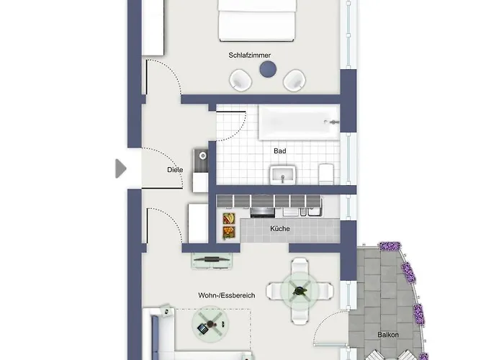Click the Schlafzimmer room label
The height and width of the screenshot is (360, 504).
[249, 55]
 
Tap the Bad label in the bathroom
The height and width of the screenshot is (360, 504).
[279, 150]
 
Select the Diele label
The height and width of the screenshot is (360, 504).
[175, 170]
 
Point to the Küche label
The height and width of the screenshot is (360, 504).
[279, 228]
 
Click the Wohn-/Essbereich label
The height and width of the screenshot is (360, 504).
[227, 295]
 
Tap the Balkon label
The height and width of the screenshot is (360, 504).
[388, 335]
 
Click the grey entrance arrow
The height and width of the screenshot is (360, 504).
[120, 168]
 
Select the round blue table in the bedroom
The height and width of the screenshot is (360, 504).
[268, 69]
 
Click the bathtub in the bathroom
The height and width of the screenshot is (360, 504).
[299, 122]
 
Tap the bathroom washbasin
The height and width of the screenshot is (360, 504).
[283, 175]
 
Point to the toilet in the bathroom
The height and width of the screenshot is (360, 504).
[326, 174]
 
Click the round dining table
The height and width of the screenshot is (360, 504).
[300, 291]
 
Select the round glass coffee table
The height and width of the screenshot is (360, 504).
[210, 324]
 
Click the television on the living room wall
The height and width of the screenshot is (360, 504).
[212, 259]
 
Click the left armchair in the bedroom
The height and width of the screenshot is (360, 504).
[240, 81]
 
